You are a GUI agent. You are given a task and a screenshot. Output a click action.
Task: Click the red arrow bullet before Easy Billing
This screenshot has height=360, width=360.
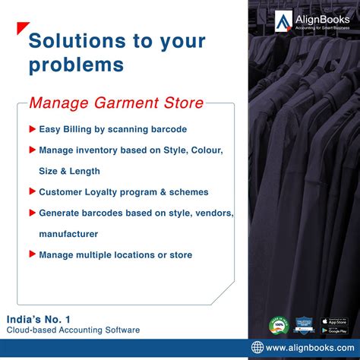tap(32, 129)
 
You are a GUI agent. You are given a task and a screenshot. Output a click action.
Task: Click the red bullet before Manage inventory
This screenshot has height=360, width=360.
tap(32, 150)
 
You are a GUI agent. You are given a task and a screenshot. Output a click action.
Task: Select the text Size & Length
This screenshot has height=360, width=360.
tap(69, 171)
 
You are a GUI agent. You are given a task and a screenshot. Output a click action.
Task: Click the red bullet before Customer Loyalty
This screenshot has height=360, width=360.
tap(32, 192)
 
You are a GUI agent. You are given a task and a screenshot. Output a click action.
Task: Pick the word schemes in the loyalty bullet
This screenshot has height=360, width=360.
tap(190, 192)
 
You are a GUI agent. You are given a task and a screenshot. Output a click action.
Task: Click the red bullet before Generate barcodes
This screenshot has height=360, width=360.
tap(32, 213)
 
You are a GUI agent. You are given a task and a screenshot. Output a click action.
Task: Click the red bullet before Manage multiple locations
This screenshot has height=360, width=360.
tap(32, 254)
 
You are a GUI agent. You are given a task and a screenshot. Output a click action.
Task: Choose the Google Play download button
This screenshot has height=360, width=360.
tap(333, 330)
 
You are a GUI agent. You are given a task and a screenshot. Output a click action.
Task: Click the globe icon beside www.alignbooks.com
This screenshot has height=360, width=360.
tap(259, 349)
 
